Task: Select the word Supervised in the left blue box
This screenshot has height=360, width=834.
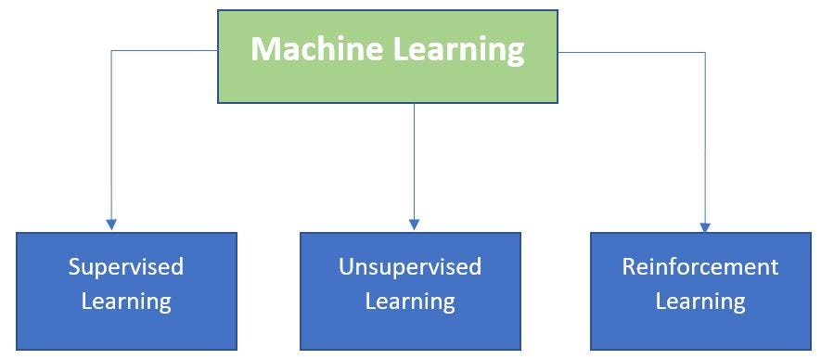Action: pos(126,267)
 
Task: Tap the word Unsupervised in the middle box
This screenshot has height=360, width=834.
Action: pos(410,267)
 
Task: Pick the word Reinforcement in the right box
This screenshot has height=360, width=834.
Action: pos(700,267)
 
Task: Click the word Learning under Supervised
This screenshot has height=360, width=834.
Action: pos(126,302)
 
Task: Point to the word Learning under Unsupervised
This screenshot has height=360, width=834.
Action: pos(410,302)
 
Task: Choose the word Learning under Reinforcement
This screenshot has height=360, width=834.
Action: pos(700,302)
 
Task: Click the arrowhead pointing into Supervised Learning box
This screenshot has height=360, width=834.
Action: pos(111,225)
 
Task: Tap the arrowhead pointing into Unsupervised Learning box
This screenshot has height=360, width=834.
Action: pos(415,225)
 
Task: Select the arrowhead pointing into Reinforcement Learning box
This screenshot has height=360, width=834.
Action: pos(705,225)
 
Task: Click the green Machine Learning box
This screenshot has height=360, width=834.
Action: pos(388,84)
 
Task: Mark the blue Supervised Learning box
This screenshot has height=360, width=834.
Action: pos(126,334)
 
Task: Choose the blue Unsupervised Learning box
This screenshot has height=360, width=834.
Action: pos(410,334)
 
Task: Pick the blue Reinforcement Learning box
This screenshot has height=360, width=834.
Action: pos(700,334)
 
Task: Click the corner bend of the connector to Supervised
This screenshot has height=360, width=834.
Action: pos(111,51)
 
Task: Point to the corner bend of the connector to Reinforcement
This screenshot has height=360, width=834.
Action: pos(705,52)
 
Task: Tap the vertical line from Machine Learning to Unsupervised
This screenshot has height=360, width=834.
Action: pos(415,158)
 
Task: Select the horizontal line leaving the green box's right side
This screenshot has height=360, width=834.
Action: pos(631,52)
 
